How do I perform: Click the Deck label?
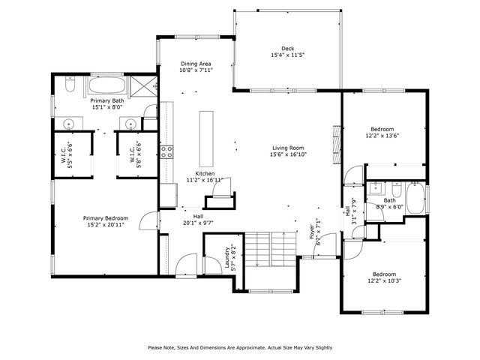(x=287, y=48)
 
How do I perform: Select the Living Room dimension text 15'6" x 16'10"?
(x=287, y=154)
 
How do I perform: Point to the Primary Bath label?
(x=107, y=100)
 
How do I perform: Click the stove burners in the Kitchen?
(x=167, y=153)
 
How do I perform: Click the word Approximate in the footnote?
(x=255, y=347)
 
